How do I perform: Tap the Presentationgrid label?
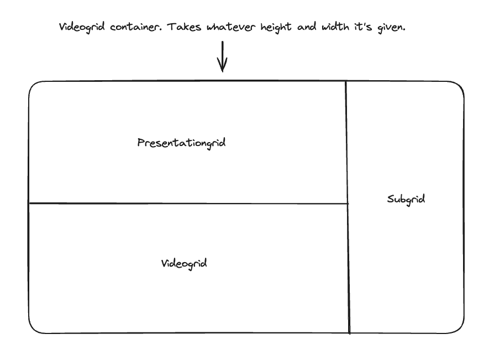181,143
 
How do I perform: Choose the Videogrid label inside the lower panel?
183,263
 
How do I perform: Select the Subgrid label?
406,199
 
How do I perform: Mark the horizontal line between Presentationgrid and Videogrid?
188,204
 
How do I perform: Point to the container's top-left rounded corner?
33,86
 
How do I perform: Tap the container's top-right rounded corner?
459,86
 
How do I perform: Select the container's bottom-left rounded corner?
33,328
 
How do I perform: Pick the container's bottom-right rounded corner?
459,328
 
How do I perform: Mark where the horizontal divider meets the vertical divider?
348,204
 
